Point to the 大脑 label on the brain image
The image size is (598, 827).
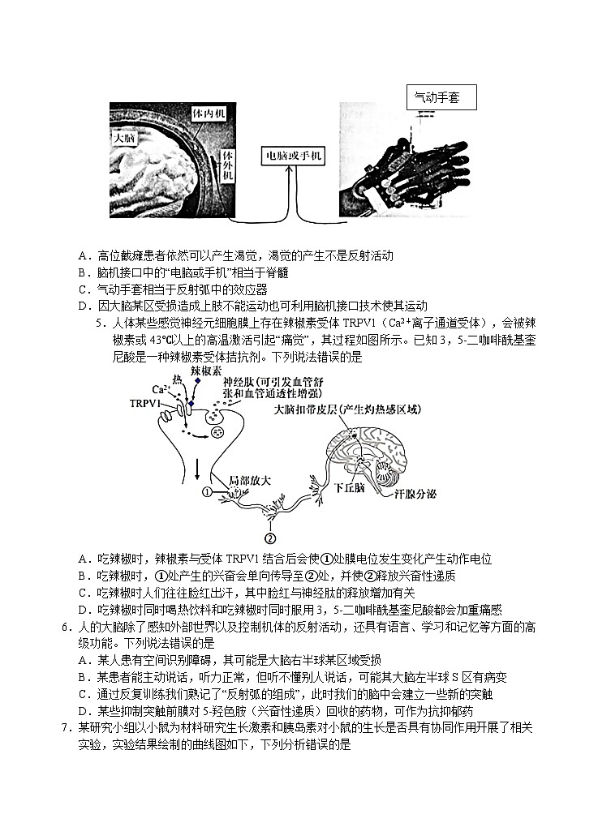(x=126, y=138)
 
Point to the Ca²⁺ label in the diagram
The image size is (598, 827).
(x=161, y=389)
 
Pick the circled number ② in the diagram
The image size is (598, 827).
(x=270, y=537)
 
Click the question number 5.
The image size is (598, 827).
(x=102, y=323)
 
